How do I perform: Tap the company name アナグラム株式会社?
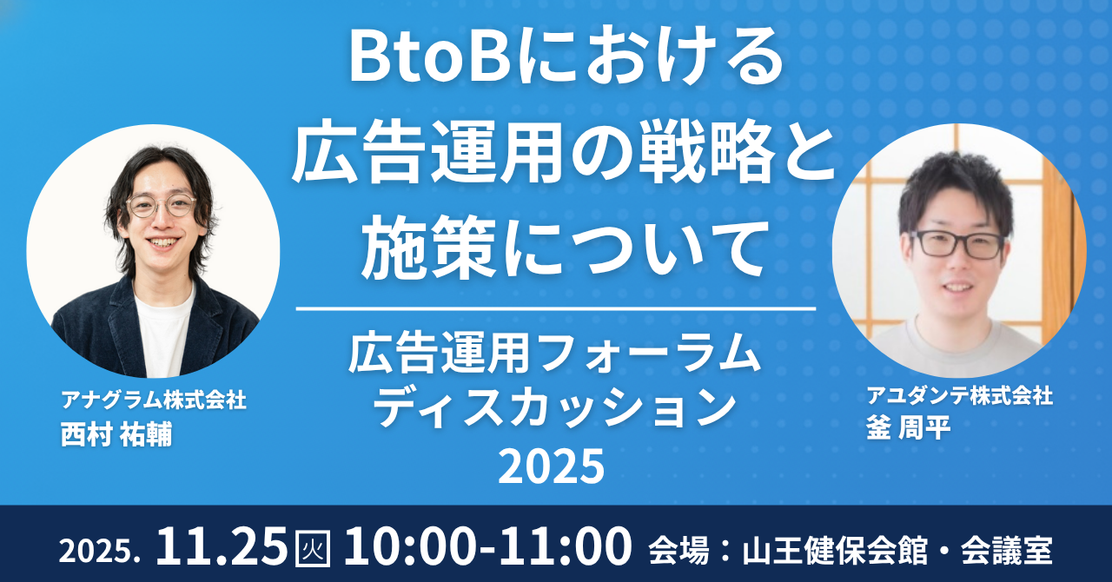[x=153, y=400]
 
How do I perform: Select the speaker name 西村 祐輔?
[x=116, y=434]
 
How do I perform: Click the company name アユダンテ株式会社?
[x=959, y=396]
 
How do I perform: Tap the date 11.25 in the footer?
[x=222, y=546]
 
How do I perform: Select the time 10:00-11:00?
[x=486, y=546]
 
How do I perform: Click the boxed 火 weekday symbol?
[x=314, y=548]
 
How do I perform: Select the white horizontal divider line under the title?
[x=555, y=308]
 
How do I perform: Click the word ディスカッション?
[x=555, y=406]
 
